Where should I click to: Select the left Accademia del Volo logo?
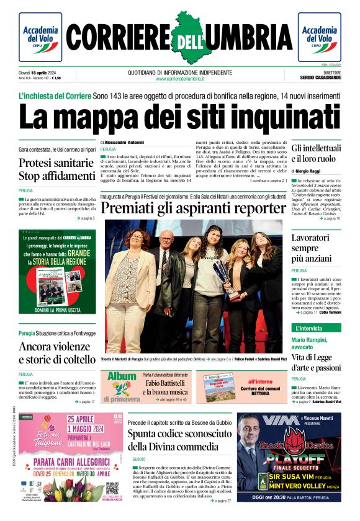tap(40, 37)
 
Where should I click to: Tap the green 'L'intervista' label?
tap(309, 328)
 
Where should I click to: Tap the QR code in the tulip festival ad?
tap(112, 489)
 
